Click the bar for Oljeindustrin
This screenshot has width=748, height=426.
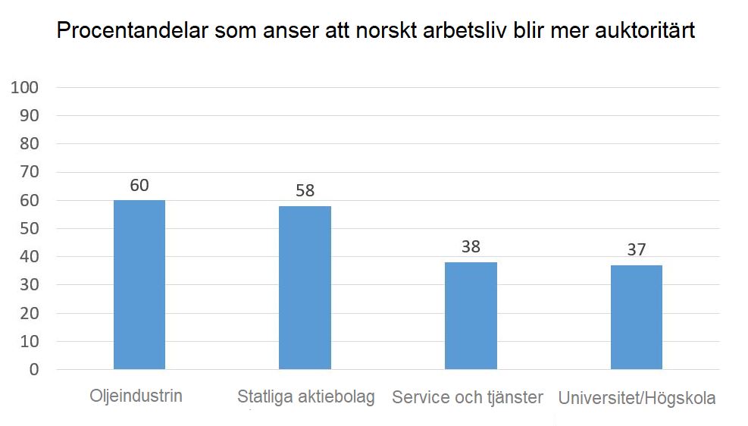pos(139,285)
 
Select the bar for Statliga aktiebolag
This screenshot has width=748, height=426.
pos(305,288)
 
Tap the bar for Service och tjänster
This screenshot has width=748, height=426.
pos(471,316)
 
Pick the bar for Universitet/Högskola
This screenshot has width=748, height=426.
pos(637,318)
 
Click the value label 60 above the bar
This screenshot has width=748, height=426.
pos(139,186)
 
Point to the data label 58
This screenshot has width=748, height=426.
pos(305,191)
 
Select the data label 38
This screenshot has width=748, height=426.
pos(471,248)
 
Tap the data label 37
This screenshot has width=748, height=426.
pos(637,250)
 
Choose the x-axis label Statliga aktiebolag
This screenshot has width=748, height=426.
pos(306,397)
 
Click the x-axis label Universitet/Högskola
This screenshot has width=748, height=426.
pos(637,399)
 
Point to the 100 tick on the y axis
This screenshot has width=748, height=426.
pos(25,88)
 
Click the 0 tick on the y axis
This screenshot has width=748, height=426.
pos(34,370)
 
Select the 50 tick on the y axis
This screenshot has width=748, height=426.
pos(30,229)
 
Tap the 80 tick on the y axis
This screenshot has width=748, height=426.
pos(30,144)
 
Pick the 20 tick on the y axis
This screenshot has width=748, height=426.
pos(30,314)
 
